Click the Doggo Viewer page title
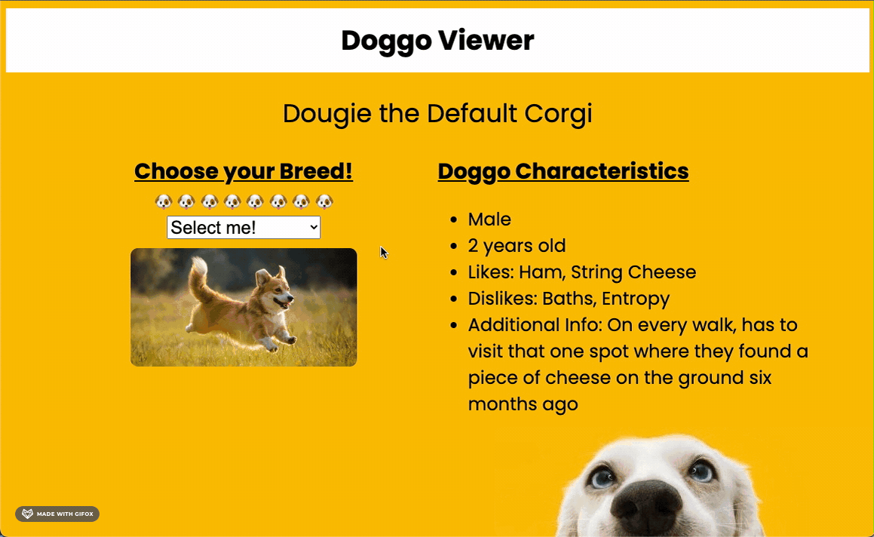pos(437,41)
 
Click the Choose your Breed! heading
pos(244,171)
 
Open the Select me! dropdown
pos(244,227)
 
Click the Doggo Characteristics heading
pos(563,171)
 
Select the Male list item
pos(489,219)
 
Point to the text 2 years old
pos(517,246)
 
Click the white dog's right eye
pos(701,470)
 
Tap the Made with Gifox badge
pos(57,514)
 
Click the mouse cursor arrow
pos(383,252)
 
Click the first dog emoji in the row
pos(164,201)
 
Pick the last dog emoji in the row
pos(324,201)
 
